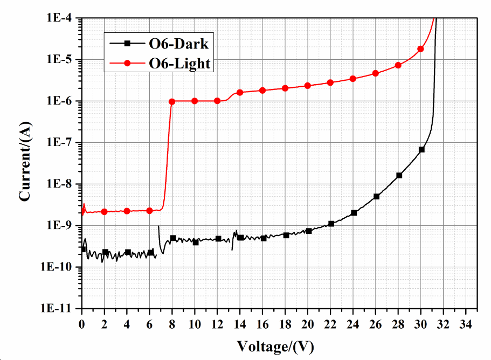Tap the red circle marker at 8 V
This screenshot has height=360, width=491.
tap(172, 101)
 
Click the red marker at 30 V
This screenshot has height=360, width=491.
tap(420, 49)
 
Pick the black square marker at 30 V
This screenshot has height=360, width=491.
tap(421, 149)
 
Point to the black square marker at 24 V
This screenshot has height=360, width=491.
tap(354, 213)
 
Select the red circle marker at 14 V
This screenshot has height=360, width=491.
tap(240, 93)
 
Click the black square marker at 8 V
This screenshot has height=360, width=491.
tap(173, 238)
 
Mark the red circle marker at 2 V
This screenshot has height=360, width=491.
tap(105, 212)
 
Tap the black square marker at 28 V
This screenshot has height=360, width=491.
tap(399, 175)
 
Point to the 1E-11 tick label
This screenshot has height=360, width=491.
tap(60, 309)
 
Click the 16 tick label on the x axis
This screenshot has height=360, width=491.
tap(263, 324)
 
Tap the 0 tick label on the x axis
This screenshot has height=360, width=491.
tap(82, 324)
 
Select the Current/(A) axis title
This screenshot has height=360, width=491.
tap(25, 162)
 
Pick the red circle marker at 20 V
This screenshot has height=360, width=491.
tap(308, 86)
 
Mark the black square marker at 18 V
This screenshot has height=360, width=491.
tap(286, 235)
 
